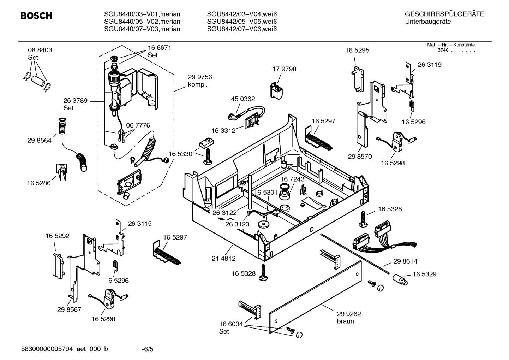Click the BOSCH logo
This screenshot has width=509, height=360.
point(36,16)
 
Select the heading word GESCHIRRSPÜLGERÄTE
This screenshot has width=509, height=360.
point(444,14)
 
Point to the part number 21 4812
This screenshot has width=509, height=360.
point(223,258)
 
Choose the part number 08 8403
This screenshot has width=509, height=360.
point(40,50)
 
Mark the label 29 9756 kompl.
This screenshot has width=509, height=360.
point(200,81)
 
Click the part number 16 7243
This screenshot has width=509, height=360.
point(292,179)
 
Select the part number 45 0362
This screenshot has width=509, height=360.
point(243,99)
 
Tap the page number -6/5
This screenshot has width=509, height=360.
point(148,349)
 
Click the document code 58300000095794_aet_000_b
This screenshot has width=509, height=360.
point(65,349)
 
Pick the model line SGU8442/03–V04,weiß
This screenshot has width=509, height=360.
point(242,14)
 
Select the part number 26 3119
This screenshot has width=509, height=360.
point(429,65)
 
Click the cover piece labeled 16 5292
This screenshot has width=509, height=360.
point(58,265)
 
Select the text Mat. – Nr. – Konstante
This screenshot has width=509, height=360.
point(451,45)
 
